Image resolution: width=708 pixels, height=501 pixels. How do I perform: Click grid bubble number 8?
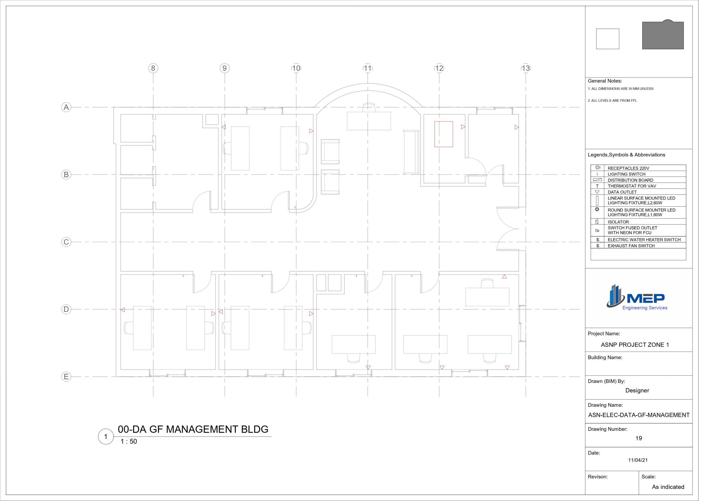[x=153, y=68]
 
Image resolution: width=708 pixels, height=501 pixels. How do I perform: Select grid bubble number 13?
[x=526, y=68]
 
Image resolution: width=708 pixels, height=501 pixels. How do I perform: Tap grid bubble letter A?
[x=66, y=107]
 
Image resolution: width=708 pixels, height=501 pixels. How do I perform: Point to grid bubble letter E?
[x=66, y=377]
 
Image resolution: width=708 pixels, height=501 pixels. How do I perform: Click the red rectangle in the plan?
[x=444, y=134]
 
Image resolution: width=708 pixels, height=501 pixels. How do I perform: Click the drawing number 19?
[x=639, y=438]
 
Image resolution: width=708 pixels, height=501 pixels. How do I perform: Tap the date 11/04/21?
[x=638, y=460]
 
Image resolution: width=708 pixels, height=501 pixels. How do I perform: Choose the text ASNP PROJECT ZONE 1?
[x=635, y=345]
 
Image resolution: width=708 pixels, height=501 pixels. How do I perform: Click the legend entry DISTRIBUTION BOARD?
[x=630, y=180]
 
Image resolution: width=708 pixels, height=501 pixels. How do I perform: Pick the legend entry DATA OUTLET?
[x=622, y=192]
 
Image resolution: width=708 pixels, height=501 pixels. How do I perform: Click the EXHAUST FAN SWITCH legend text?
[x=631, y=246]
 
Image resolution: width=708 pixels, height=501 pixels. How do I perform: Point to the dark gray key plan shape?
[x=663, y=35]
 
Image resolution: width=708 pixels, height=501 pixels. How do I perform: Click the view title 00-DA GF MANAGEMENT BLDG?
[x=193, y=429]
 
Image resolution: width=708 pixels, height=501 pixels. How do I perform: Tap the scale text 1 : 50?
[x=129, y=442]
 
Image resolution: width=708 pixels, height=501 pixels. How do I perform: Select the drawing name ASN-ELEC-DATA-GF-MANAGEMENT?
[x=639, y=415]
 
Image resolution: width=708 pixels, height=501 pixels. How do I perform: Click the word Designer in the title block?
[x=637, y=391]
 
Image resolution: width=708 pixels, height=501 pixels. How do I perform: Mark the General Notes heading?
[x=605, y=81]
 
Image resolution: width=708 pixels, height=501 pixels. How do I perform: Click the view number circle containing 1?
[x=106, y=437]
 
